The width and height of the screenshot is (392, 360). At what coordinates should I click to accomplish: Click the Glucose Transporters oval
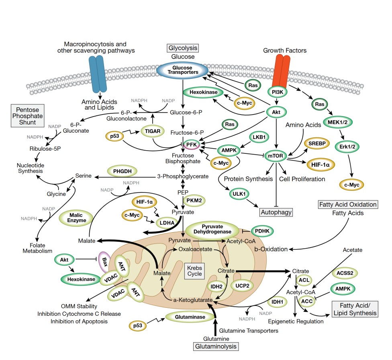point(182,70)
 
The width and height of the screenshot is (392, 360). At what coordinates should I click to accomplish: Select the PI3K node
point(278,92)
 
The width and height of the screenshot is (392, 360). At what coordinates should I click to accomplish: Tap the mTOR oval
point(276,156)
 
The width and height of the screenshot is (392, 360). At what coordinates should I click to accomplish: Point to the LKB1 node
point(259,137)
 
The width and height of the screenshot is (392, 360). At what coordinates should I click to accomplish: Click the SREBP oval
point(317,143)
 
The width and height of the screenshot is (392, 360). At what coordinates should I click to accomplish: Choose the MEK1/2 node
point(337,122)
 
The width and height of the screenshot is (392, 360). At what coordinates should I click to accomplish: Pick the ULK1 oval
point(239,194)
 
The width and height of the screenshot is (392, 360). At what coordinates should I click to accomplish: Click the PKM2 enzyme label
point(194,200)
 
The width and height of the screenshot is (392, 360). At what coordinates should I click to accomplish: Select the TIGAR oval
point(153,131)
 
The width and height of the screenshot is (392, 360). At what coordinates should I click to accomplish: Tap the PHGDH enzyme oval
point(122,171)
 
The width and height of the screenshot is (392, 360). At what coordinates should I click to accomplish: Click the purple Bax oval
point(104,262)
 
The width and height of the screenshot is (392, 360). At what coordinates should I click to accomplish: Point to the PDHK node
point(262,231)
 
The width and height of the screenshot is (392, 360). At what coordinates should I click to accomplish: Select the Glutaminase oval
point(190,317)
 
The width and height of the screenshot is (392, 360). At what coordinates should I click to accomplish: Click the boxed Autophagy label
point(276,212)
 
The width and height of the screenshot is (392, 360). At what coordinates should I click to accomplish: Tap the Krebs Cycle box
point(194,271)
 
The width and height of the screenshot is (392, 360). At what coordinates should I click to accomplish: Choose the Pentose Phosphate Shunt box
point(27,116)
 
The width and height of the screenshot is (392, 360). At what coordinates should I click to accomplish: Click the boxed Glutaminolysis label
point(216,346)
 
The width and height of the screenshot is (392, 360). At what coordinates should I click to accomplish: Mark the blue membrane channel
point(98,74)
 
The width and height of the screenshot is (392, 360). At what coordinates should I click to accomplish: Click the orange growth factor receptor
point(281,72)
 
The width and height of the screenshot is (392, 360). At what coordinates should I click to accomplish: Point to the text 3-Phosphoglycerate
point(183,176)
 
